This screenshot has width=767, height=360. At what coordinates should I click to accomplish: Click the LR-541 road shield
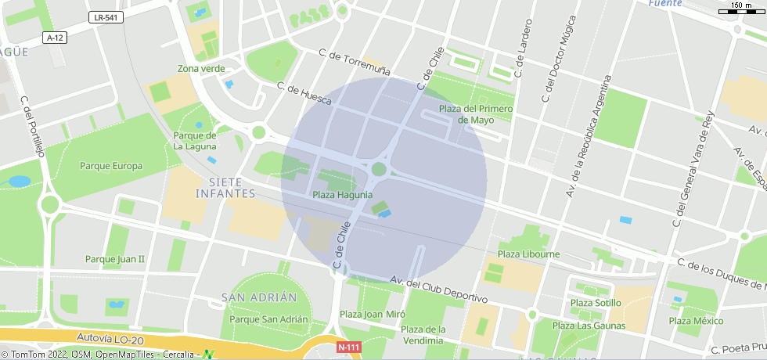pyautogui.click(x=106, y=17)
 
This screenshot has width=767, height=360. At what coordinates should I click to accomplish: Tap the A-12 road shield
pyautogui.click(x=54, y=38)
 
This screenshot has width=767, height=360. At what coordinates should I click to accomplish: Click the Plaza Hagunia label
pyautogui.click(x=342, y=195)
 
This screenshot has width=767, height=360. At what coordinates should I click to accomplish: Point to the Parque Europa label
pyautogui.click(x=111, y=166)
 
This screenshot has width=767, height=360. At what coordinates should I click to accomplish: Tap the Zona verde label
pyautogui.click(x=201, y=69)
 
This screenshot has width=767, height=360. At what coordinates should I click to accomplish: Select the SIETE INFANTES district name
pyautogui.click(x=226, y=187)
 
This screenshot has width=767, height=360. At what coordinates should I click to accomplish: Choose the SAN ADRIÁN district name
pyautogui.click(x=259, y=297)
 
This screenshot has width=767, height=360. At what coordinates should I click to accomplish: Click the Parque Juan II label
pyautogui.click(x=115, y=259)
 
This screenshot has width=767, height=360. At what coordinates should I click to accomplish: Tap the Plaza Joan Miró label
pyautogui.click(x=372, y=315)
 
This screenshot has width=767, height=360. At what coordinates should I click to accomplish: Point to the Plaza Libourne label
pyautogui.click(x=528, y=254)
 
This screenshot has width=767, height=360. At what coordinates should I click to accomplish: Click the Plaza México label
pyautogui.click(x=696, y=321)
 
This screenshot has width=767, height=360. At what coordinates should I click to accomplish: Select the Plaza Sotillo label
pyautogui.click(x=596, y=303)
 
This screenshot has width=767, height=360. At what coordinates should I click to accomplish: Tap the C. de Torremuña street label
pyautogui.click(x=355, y=63)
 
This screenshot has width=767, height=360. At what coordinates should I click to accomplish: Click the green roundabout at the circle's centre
pyautogui.click(x=380, y=169)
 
